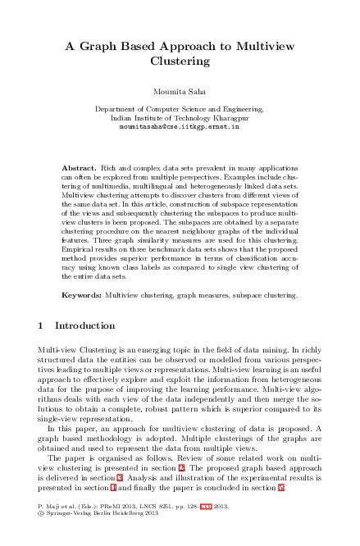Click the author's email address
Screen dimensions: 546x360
pos(180,128)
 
